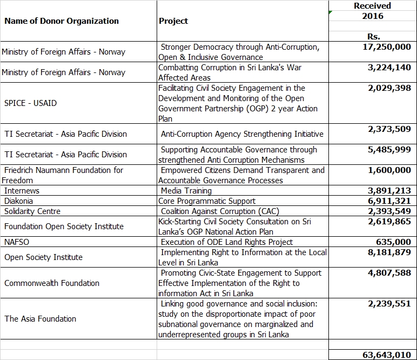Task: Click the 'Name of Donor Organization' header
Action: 62,21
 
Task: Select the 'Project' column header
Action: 173,21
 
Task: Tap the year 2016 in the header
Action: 373,16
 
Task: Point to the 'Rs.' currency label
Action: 373,36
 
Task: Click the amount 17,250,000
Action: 387,47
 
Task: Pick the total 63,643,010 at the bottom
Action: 387,355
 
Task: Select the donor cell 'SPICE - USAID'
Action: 31,103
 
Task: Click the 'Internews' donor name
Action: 22,190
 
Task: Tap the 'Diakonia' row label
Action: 18,201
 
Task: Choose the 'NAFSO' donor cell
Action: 17,242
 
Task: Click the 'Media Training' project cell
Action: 186,190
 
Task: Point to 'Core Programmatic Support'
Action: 207,201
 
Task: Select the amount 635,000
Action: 393,242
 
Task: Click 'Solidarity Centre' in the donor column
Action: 32,211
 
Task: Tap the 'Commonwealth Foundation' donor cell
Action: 52,283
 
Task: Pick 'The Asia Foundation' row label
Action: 40,319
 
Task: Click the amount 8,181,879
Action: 389,252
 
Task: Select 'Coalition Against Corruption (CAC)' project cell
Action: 220,211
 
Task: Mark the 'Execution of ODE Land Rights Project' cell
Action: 226,242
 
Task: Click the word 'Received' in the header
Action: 372,5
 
